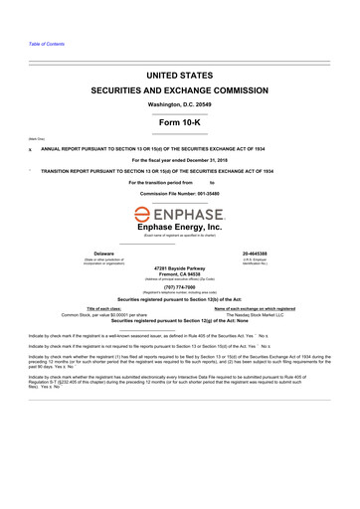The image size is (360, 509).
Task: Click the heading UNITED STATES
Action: (x=179, y=75)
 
